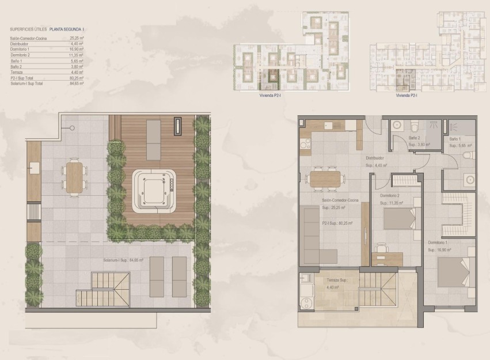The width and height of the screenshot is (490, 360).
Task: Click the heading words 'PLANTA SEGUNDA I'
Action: tap(67, 28)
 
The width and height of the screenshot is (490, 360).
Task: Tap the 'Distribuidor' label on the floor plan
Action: tap(375, 158)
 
